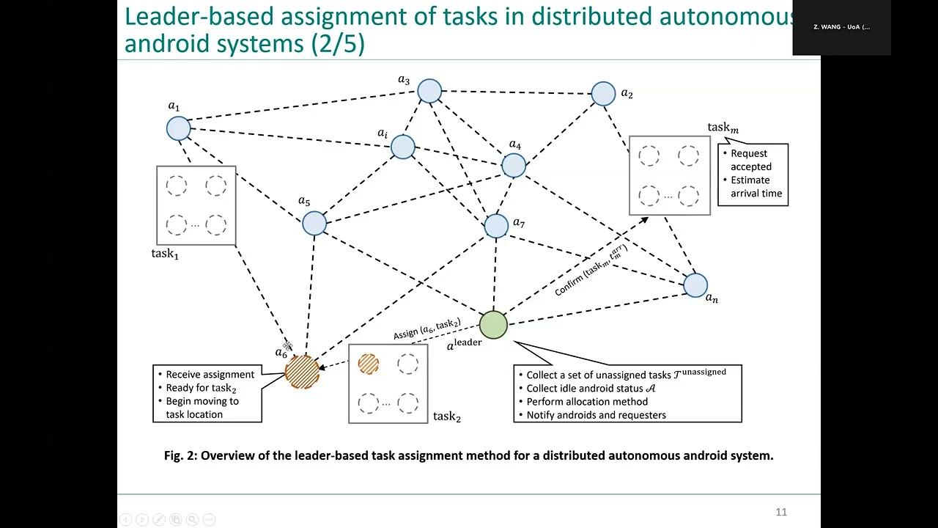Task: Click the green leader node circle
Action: point(493,326)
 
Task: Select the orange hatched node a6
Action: point(302,371)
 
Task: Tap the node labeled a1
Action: point(179,128)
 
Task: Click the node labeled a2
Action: point(603,94)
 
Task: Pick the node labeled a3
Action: point(429,91)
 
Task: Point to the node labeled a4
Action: point(514,166)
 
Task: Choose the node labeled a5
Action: point(314,223)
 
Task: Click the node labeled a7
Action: point(496,226)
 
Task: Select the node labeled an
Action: point(695,285)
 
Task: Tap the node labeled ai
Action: point(402,147)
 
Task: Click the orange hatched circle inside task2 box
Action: point(369,364)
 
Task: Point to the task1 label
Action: point(165,254)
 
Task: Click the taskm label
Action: point(723,128)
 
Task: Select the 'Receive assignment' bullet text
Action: point(210,375)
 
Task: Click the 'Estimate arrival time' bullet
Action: point(756,186)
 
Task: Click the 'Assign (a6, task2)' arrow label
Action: point(426,329)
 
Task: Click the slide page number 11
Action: point(781,512)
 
